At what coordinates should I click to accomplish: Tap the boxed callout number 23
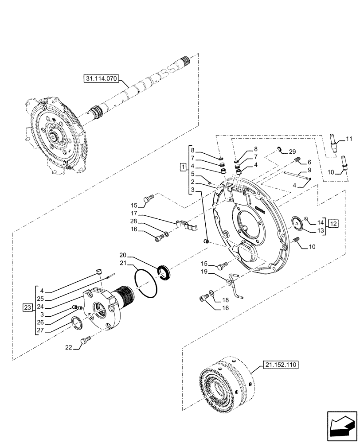(27, 306)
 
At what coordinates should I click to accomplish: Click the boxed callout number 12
(333, 223)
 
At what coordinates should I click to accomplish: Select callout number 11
(349, 139)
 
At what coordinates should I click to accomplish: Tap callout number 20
(123, 255)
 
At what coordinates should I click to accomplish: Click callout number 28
(133, 221)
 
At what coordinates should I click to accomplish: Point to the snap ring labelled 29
(280, 149)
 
